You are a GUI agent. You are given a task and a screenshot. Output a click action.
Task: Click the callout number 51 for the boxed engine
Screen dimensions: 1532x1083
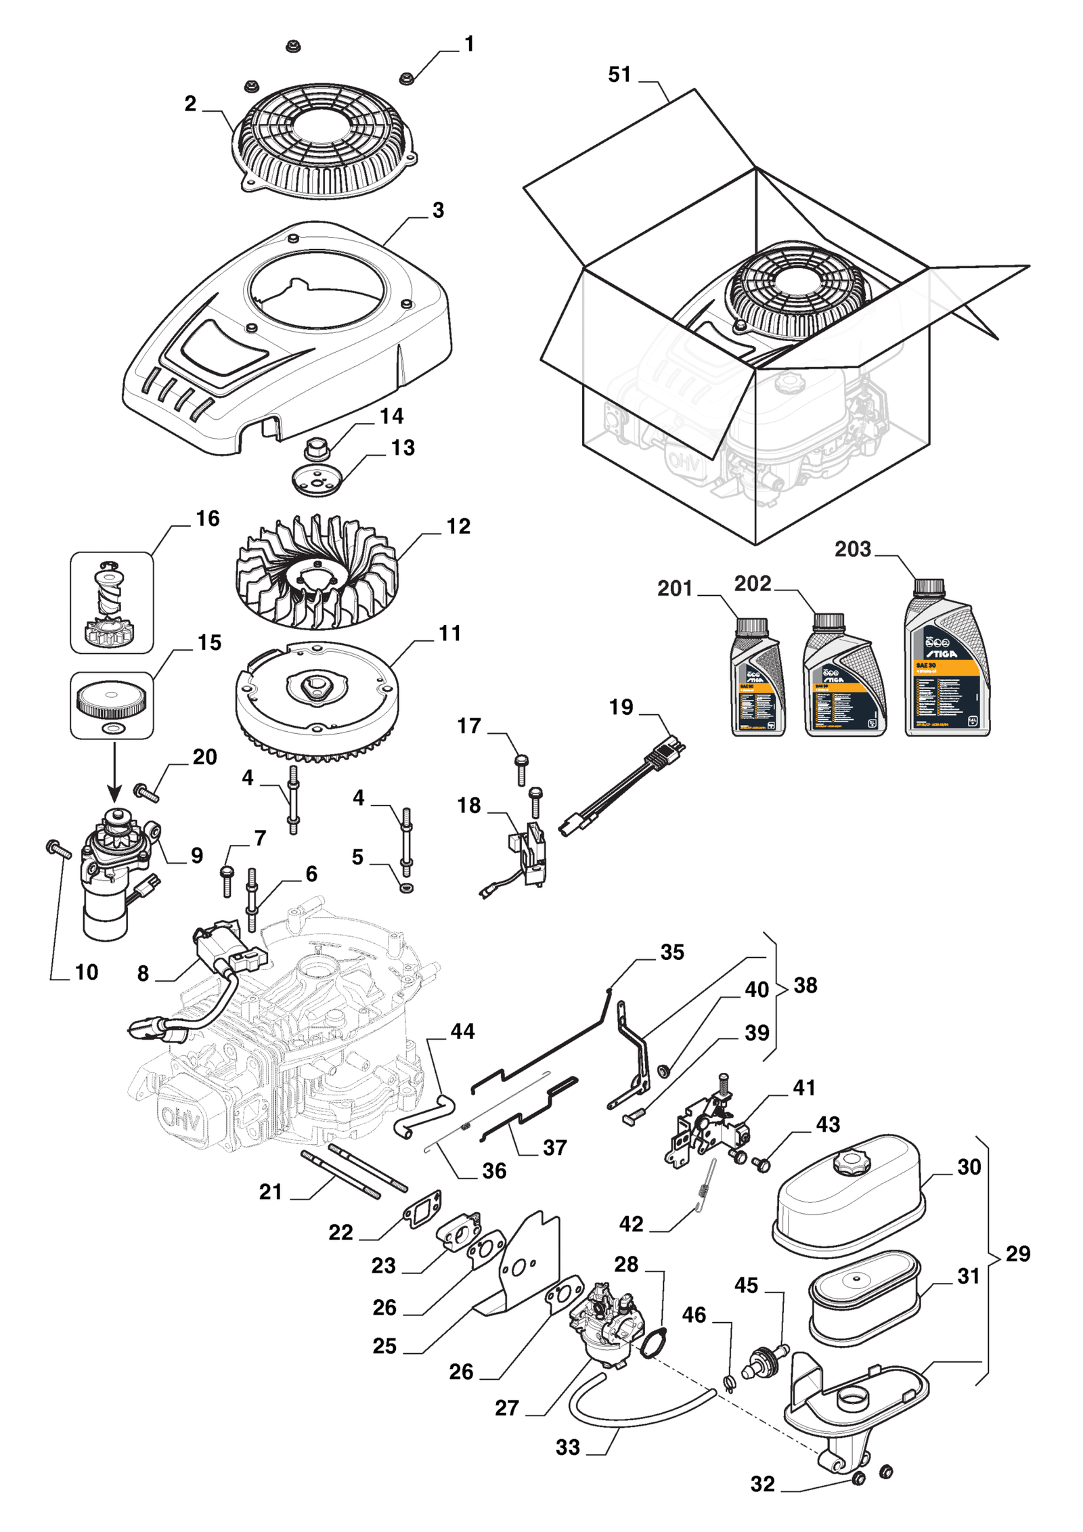[x=619, y=74]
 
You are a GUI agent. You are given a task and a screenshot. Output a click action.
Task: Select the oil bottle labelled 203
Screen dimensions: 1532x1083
[x=946, y=660]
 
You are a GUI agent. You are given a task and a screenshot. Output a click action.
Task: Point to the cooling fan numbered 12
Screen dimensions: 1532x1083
[x=316, y=572]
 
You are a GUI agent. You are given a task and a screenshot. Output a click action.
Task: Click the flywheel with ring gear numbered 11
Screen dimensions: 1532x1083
[x=316, y=701]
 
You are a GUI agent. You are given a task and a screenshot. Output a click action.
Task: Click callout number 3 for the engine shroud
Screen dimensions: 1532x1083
[x=438, y=211]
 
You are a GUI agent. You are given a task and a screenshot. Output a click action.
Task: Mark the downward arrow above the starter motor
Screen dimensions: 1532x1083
[x=114, y=772]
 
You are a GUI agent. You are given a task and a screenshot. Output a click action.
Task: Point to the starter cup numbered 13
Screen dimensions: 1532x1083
[x=317, y=479]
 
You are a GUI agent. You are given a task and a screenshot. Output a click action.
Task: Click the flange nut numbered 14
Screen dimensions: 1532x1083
[x=315, y=448]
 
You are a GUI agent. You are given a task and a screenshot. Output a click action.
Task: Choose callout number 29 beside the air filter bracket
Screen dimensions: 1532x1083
[x=1017, y=1254]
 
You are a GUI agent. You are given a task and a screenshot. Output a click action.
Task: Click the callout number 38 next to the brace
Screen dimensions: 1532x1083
[x=805, y=986]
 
